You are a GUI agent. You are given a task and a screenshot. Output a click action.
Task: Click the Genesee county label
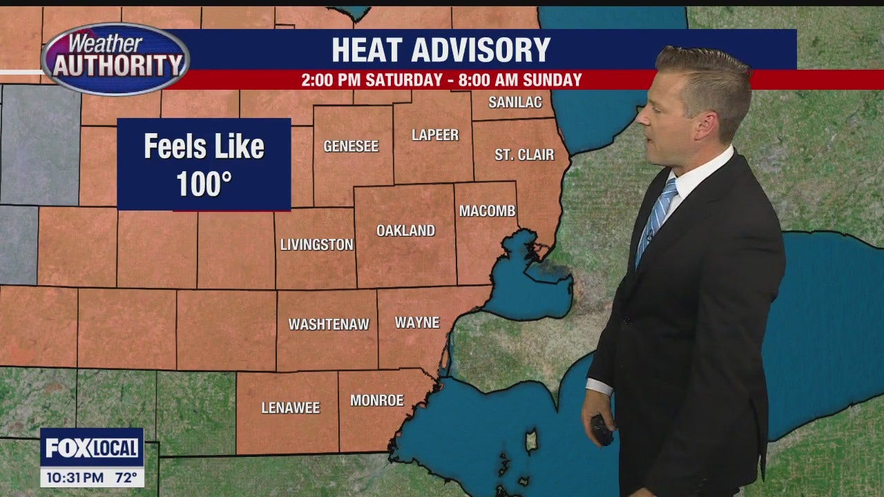click(351, 146)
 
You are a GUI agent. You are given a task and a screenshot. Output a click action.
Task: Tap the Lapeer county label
click(435, 135)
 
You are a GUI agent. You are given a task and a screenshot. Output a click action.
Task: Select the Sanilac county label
click(512, 103)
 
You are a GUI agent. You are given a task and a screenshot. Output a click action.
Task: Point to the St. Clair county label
click(524, 155)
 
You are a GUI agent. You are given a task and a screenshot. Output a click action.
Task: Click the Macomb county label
click(488, 211)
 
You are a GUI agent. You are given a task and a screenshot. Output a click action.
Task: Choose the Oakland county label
click(405, 231)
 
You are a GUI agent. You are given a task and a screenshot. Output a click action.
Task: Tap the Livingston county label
click(316, 244)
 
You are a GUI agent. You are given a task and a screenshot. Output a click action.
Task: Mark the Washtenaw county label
click(329, 324)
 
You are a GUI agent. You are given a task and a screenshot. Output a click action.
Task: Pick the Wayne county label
click(417, 322)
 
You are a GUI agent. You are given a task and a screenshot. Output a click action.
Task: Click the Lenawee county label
click(291, 408)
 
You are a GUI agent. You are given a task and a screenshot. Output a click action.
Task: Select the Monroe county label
click(376, 400)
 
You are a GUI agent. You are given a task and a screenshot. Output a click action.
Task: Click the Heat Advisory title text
click(441, 50)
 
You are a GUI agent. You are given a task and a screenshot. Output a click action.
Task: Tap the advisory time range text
click(441, 80)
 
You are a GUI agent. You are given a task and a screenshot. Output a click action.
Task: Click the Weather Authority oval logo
click(115, 59)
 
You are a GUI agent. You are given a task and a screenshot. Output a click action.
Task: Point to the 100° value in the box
click(203, 184)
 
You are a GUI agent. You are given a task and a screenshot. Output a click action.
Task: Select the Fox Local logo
click(92, 448)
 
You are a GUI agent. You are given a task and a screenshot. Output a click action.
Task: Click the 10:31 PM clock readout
click(75, 476)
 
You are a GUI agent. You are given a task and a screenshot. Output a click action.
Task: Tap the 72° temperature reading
click(125, 476)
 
